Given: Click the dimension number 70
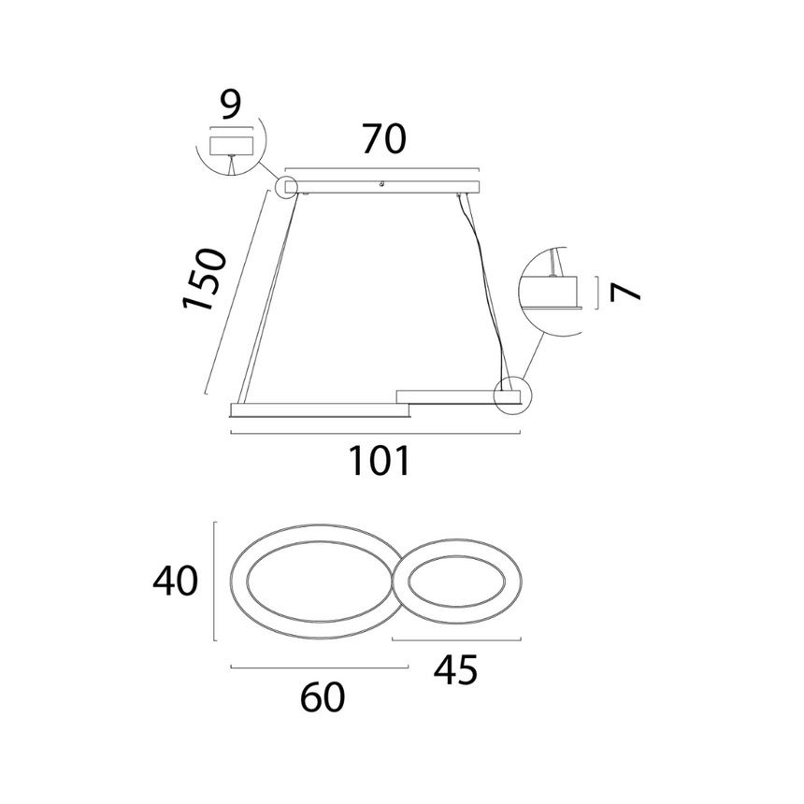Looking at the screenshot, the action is [x=384, y=138].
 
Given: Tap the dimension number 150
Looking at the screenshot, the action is [x=204, y=279].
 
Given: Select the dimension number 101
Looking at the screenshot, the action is [x=379, y=461].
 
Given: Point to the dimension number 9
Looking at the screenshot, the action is [x=231, y=105].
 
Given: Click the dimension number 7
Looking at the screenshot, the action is [x=625, y=293].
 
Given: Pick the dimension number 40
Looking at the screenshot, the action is [x=176, y=581].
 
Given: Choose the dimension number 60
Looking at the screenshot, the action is [x=323, y=696].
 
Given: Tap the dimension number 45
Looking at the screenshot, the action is [x=456, y=669].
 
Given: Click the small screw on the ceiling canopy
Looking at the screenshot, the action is [x=381, y=183].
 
